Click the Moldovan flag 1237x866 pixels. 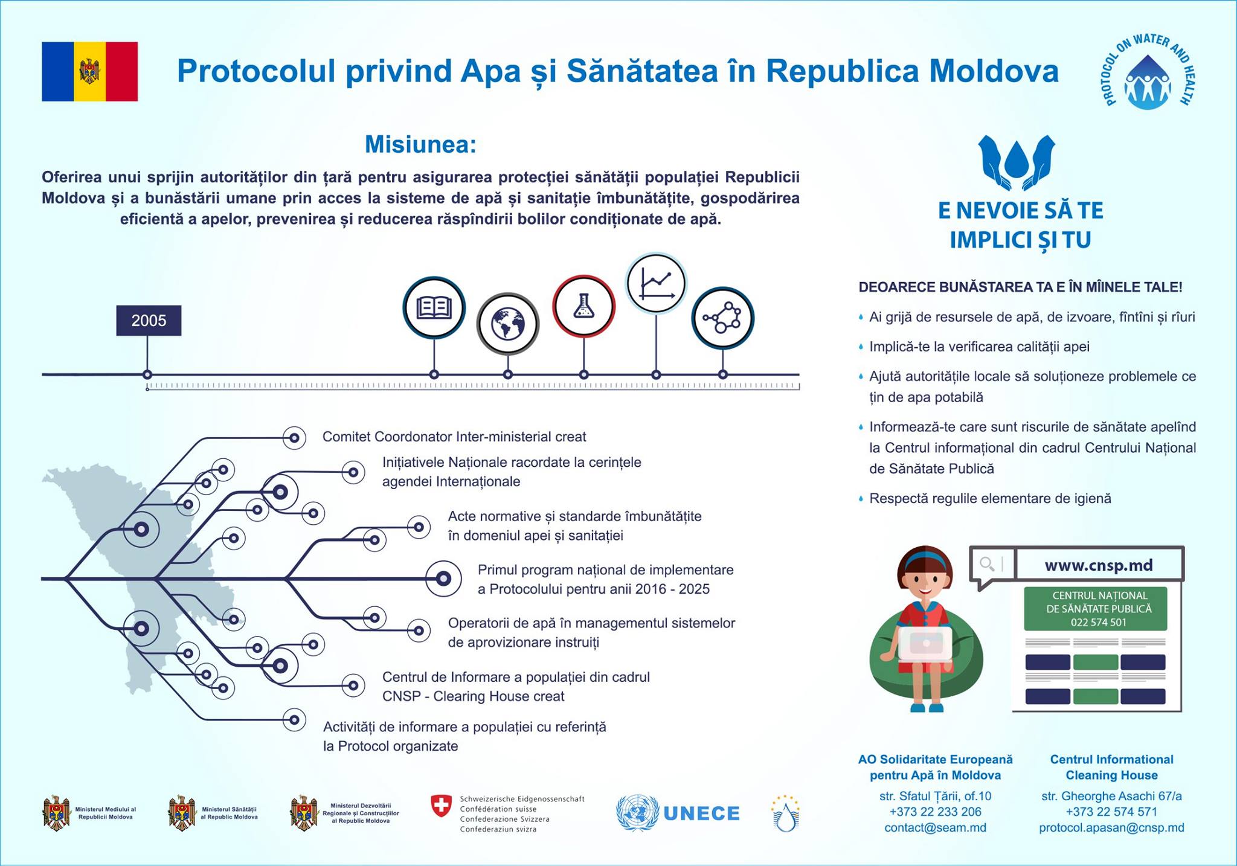pos(89,71)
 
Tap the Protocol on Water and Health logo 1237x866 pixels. pos(1148,72)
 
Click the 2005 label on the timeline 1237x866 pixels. pos(149,321)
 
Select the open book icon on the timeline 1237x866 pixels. pos(434,307)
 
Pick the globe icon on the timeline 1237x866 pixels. pos(507,324)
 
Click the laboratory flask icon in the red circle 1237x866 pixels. pos(583,306)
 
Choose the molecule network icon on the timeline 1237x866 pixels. pos(722,318)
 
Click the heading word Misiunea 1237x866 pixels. pos(420,145)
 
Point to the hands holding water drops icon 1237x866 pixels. pos(1017,161)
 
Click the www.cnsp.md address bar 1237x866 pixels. pos(1098,565)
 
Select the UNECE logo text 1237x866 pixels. pos(701,813)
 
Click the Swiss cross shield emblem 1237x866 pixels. pos(441,806)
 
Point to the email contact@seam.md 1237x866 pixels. pos(935,827)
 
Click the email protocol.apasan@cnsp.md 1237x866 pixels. pos(1111,827)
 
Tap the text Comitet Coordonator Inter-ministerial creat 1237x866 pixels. pos(454,437)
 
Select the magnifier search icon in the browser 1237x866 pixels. pos(987,564)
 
